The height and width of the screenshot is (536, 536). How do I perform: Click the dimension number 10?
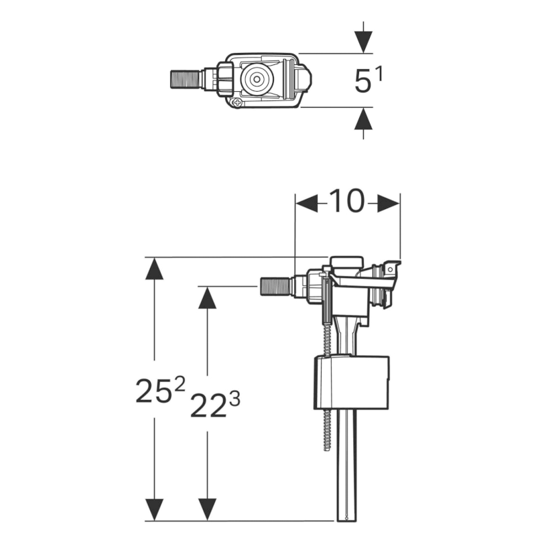347,201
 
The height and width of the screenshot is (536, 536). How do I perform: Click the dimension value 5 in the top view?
363,81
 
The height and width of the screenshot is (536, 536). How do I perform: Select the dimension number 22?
208,406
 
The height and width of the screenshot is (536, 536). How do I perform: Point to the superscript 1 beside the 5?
379,74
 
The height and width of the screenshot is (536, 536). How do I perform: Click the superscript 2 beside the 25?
180,383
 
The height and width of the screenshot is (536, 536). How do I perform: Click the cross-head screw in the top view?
237,102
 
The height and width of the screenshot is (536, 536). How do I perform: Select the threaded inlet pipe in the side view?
275,287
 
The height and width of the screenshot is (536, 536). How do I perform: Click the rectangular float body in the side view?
351,383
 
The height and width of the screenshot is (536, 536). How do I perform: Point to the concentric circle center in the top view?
256,79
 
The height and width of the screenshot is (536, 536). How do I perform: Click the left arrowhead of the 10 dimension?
307,204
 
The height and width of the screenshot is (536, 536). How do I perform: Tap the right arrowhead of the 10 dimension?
389,204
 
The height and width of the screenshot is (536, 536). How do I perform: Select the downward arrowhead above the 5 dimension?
363,42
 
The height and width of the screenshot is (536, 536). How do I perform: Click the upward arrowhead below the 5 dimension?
363,119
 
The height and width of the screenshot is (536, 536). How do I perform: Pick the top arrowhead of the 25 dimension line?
154,269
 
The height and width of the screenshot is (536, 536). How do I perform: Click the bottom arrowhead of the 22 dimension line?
207,510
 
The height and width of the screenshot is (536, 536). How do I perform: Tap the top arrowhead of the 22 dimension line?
207,297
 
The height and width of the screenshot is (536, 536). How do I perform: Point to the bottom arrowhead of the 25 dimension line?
154,510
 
